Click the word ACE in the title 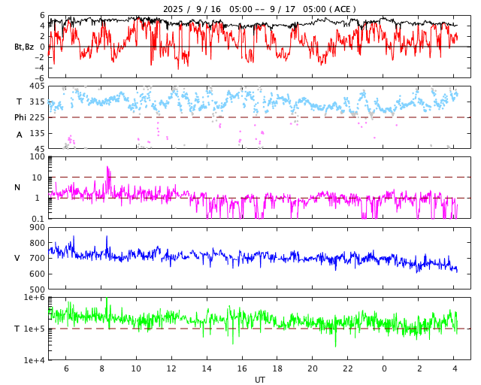coord(342,9)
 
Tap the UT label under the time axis coord(259,380)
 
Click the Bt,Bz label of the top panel coord(24,47)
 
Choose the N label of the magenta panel coord(17,187)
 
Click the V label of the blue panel coord(17,258)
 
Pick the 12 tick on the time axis coord(171,369)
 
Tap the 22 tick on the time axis coord(348,369)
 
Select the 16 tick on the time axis coord(242,369)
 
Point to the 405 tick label coord(37,86)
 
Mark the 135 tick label coord(37,133)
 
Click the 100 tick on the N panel coord(37,156)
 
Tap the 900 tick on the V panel coord(37,228)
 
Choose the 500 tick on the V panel coord(37,290)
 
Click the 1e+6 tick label coord(35,298)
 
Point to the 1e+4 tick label coord(35,360)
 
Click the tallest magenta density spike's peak coord(107,167)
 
